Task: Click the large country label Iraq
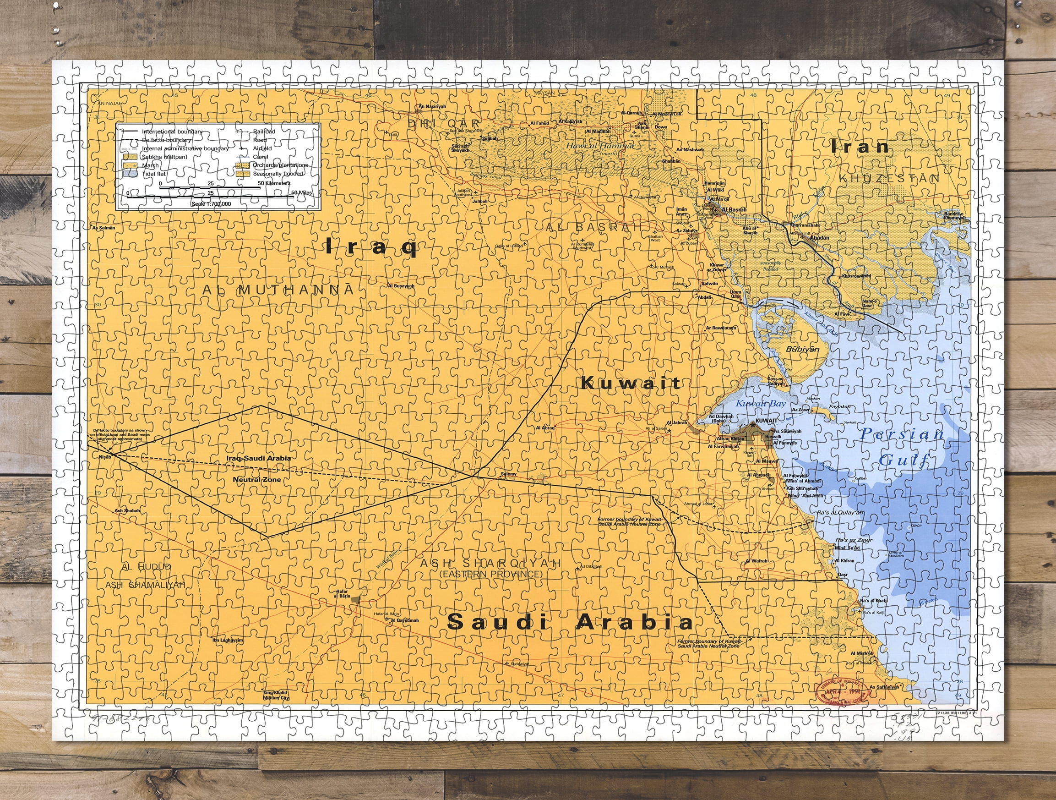(371, 247)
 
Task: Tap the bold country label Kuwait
(631, 383)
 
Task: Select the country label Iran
(860, 147)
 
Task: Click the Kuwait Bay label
(760, 404)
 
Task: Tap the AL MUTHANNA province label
(278, 290)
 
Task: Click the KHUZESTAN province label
(889, 179)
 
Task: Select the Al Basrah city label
(734, 210)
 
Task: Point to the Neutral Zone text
(257, 480)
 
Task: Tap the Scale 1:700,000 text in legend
(211, 204)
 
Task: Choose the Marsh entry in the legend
(150, 165)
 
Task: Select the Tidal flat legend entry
(154, 174)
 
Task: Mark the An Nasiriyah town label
(431, 106)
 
